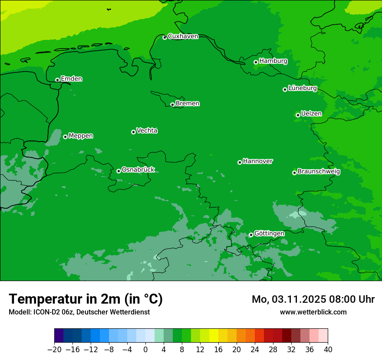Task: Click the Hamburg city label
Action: pyautogui.click(x=273, y=61)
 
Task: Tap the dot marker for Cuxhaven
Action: pyautogui.click(x=165, y=37)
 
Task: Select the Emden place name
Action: pyautogui.click(x=71, y=79)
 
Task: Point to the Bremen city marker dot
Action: pyautogui.click(x=172, y=105)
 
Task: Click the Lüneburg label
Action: pyautogui.click(x=302, y=88)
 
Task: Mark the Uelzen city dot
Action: pyautogui.click(x=298, y=115)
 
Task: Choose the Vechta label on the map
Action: pyautogui.click(x=147, y=131)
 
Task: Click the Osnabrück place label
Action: pyautogui.click(x=138, y=170)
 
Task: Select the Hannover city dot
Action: pyautogui.click(x=240, y=162)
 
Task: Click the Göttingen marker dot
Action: pyautogui.click(x=251, y=235)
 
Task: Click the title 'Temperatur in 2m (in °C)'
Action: pyautogui.click(x=86, y=299)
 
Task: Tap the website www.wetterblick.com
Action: pyautogui.click(x=313, y=312)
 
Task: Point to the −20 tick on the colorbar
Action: pyautogui.click(x=54, y=350)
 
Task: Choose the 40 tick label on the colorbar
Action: pyautogui.click(x=328, y=350)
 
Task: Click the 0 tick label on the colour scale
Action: pyautogui.click(x=145, y=350)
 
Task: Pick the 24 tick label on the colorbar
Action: pyautogui.click(x=255, y=350)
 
